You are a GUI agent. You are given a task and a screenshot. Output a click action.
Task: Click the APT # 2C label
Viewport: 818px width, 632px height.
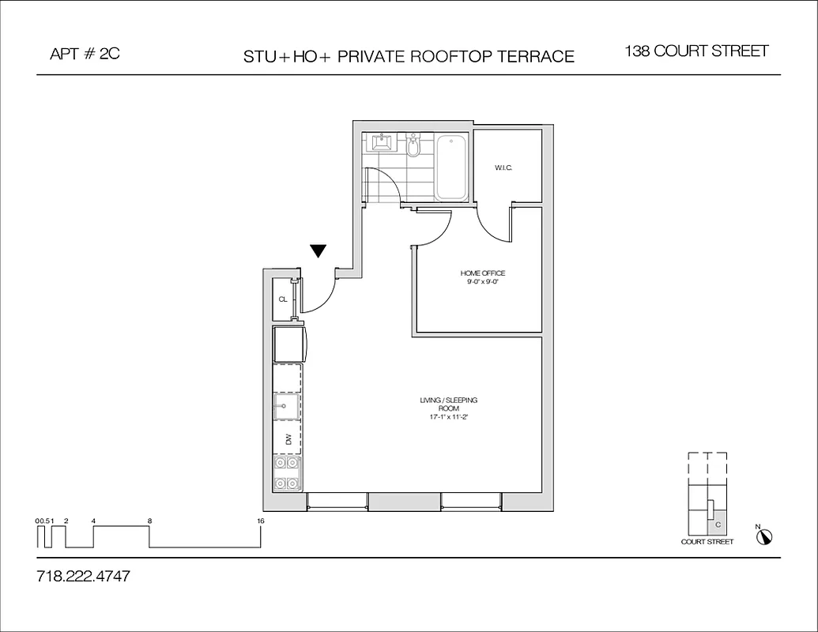pyautogui.click(x=85, y=55)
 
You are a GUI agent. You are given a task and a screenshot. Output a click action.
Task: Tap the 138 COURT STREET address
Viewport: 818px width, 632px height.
pyautogui.click(x=696, y=51)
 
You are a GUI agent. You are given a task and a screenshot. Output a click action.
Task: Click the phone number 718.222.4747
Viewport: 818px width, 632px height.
pyautogui.click(x=83, y=577)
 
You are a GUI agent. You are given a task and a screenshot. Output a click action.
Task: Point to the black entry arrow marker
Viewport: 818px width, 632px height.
pyautogui.click(x=319, y=251)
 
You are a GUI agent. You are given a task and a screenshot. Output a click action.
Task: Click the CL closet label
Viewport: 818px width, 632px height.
pyautogui.click(x=282, y=299)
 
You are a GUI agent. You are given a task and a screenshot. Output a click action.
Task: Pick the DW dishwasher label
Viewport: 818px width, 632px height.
pyautogui.click(x=288, y=438)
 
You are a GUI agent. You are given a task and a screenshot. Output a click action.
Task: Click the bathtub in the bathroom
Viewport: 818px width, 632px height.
pyautogui.click(x=451, y=168)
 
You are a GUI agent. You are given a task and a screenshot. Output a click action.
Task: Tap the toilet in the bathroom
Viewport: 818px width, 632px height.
pyautogui.click(x=413, y=145)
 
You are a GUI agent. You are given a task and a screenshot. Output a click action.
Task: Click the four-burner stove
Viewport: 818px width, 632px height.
pyautogui.click(x=287, y=473)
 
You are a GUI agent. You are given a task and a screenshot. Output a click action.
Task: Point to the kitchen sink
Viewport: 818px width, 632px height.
pyautogui.click(x=286, y=408)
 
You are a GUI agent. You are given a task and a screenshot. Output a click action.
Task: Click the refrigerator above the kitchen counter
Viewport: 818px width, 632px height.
pyautogui.click(x=288, y=344)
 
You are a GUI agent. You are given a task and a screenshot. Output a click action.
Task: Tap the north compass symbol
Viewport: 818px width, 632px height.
pyautogui.click(x=764, y=536)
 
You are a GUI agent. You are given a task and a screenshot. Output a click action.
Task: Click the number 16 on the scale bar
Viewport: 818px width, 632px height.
pyautogui.click(x=261, y=521)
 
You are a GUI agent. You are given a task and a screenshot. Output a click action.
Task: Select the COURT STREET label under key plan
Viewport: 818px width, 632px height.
pyautogui.click(x=707, y=542)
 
